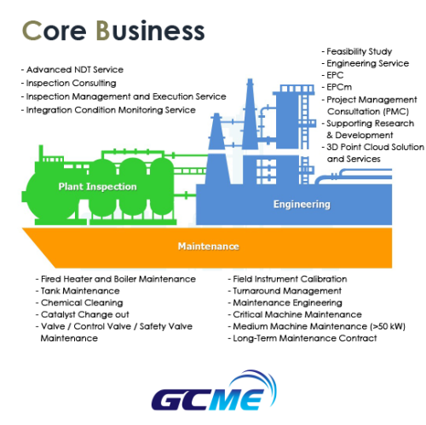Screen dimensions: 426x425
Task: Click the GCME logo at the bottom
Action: click(x=214, y=391)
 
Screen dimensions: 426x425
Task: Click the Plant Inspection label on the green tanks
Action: click(x=97, y=187)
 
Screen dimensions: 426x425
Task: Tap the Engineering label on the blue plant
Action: click(x=302, y=204)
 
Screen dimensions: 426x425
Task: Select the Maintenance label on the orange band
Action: click(x=209, y=246)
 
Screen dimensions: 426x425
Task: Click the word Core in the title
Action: click(x=54, y=31)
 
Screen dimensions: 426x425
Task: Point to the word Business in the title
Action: click(x=150, y=30)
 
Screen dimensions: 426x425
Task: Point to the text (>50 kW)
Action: click(x=388, y=326)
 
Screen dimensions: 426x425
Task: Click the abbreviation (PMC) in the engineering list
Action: click(x=395, y=111)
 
